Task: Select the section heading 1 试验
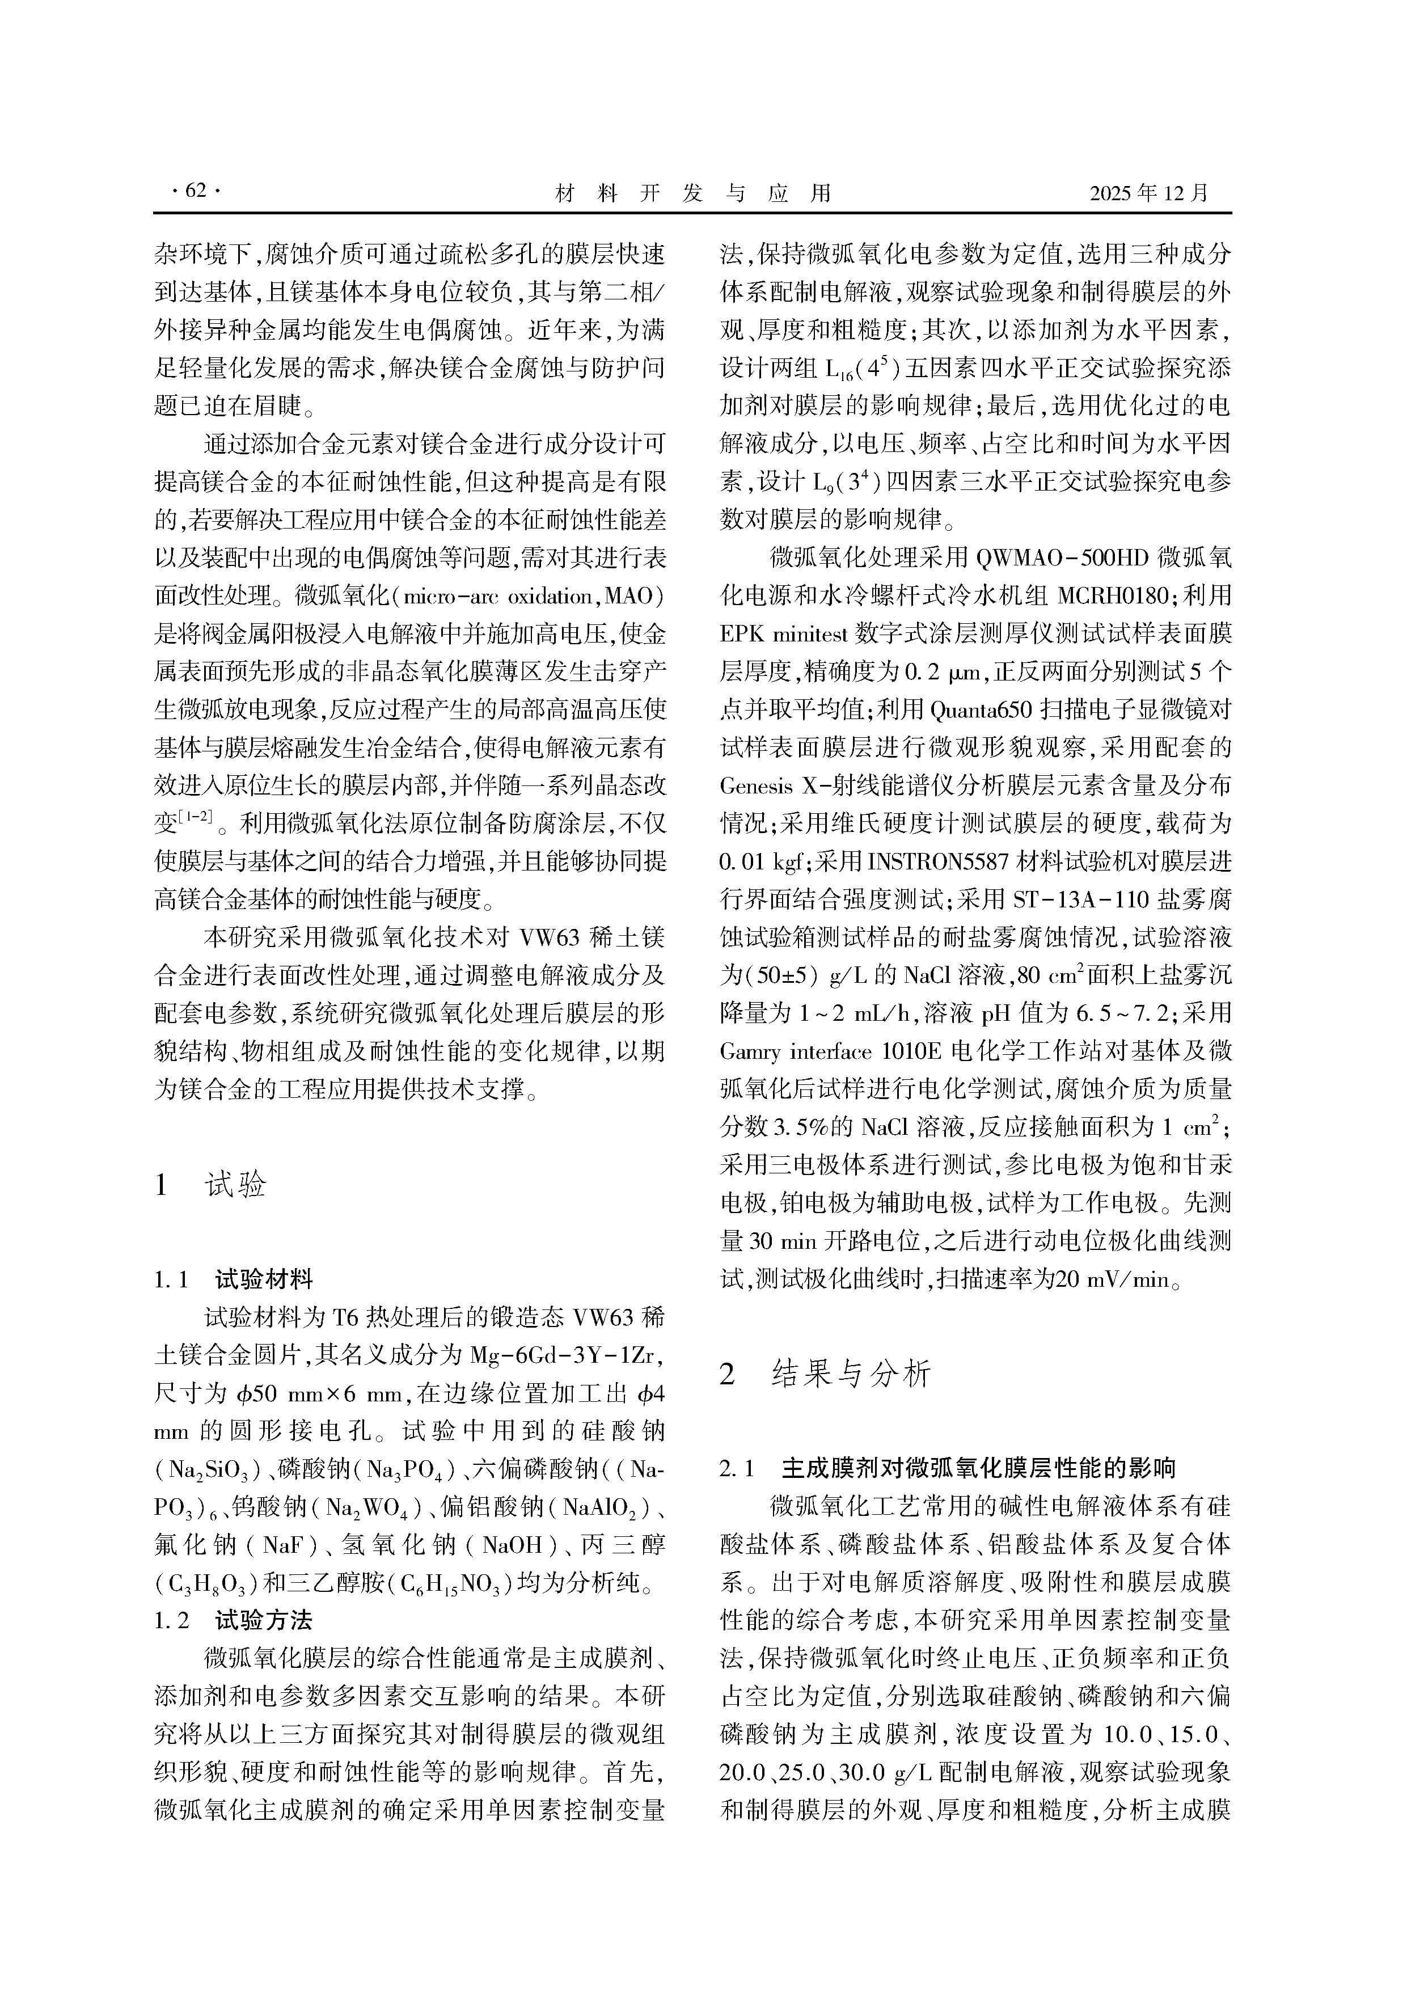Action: click(x=210, y=1184)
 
